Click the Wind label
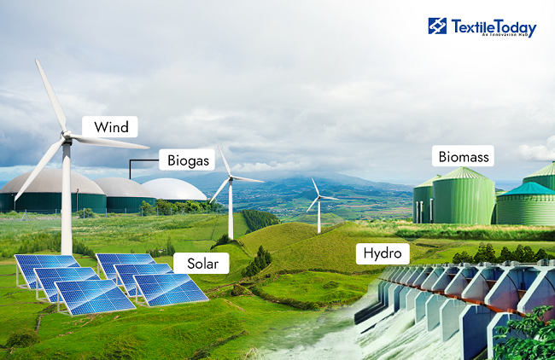[x=111, y=128]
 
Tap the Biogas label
[x=183, y=160]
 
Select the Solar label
[x=202, y=264]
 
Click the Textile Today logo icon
[x=437, y=26]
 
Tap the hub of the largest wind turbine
[x=67, y=136]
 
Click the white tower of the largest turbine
[x=66, y=205]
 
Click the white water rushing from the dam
[x=342, y=337]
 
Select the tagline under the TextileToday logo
[x=493, y=36]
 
